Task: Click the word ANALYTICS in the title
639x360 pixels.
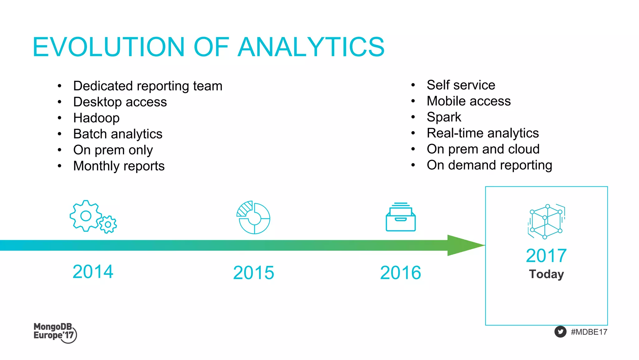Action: point(311,47)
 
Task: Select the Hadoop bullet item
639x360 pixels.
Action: point(96,118)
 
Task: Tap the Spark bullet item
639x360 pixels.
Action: point(443,117)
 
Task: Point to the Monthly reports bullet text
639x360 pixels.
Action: point(119,166)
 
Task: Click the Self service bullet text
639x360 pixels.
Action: point(461,85)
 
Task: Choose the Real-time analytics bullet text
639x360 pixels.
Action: point(482,133)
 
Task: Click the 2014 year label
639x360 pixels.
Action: point(93,271)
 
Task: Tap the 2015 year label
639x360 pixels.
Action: point(253,273)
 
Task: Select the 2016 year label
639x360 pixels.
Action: point(400,273)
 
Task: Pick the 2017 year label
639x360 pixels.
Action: point(546,256)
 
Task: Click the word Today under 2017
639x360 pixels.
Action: point(546,274)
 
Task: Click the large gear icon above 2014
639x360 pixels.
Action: point(85,216)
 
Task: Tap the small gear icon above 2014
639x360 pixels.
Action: point(108,224)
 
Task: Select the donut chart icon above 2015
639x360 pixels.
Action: point(253,218)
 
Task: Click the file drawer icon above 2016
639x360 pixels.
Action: point(401,217)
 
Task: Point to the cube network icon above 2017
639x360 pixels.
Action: point(546,221)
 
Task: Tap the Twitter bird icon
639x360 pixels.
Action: point(560,332)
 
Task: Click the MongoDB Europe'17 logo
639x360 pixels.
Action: point(55,333)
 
